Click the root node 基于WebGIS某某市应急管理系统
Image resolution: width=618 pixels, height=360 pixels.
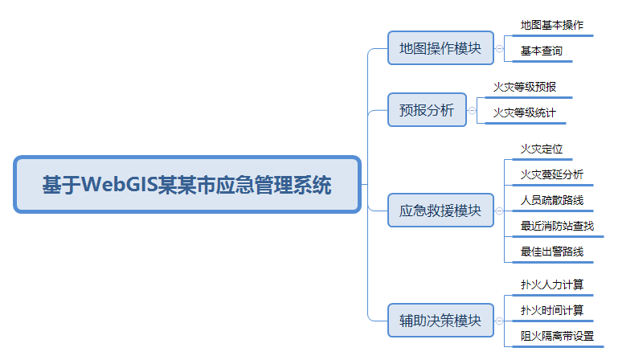pyautogui.click(x=186, y=185)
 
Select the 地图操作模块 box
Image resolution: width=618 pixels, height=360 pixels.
pyautogui.click(x=440, y=48)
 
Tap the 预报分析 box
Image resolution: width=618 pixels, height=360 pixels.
pyautogui.click(x=427, y=110)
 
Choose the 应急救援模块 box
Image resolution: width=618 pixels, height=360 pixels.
pyautogui.click(x=440, y=211)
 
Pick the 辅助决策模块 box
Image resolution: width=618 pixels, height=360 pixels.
pyautogui.click(x=440, y=321)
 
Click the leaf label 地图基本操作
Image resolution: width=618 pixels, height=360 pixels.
pyautogui.click(x=551, y=25)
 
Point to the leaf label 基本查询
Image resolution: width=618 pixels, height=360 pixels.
pyautogui.click(x=541, y=51)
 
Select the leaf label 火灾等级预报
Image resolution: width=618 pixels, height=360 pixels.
pyautogui.click(x=524, y=87)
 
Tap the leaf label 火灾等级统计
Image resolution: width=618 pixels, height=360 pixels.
pyautogui.click(x=524, y=112)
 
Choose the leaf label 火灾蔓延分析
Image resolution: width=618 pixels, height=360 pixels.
pyautogui.click(x=551, y=174)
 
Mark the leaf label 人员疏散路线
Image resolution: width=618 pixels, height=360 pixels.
pyautogui.click(x=551, y=200)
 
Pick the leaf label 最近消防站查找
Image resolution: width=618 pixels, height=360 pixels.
pyautogui.click(x=557, y=226)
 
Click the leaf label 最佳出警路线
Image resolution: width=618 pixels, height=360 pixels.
pyautogui.click(x=551, y=252)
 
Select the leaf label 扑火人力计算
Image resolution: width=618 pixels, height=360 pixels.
pyautogui.click(x=551, y=284)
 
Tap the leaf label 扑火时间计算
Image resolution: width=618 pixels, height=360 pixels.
pyautogui.click(x=551, y=310)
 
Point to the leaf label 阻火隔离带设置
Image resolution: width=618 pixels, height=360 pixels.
pyautogui.click(x=557, y=336)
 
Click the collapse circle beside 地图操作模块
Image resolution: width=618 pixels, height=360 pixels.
pyautogui.click(x=500, y=49)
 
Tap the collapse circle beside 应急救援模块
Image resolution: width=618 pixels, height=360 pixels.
pyautogui.click(x=500, y=211)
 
